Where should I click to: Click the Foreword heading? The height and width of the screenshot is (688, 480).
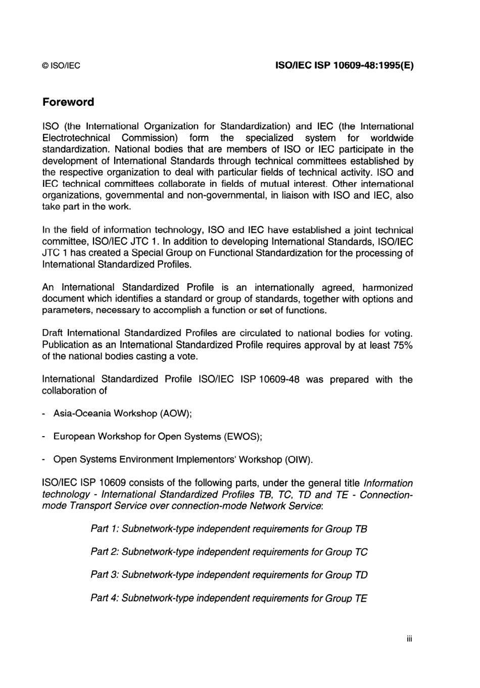pos(68,102)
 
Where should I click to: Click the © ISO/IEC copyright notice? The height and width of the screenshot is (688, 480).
pos(61,66)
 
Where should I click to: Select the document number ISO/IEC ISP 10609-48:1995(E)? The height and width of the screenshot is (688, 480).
pos(344,66)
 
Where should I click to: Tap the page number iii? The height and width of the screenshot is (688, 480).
pos(409,639)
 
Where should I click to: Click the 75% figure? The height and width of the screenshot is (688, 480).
pos(403,345)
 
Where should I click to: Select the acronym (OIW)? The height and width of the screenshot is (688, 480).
pos(299,460)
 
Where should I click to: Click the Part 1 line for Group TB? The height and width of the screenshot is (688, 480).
pos(228,529)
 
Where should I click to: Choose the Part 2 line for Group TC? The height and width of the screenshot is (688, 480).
pos(228,552)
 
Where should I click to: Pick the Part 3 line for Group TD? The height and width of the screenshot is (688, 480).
pos(228,575)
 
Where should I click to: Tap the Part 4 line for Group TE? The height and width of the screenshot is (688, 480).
pos(228,599)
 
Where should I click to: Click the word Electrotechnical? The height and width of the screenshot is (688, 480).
pos(76,138)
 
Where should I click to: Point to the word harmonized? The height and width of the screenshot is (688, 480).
pos(387,288)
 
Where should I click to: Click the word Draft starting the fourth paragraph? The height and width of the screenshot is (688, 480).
pos(53,333)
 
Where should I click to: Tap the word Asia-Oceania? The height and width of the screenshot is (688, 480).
pos(82,413)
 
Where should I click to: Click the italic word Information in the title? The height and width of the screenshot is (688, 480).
pos(388,483)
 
